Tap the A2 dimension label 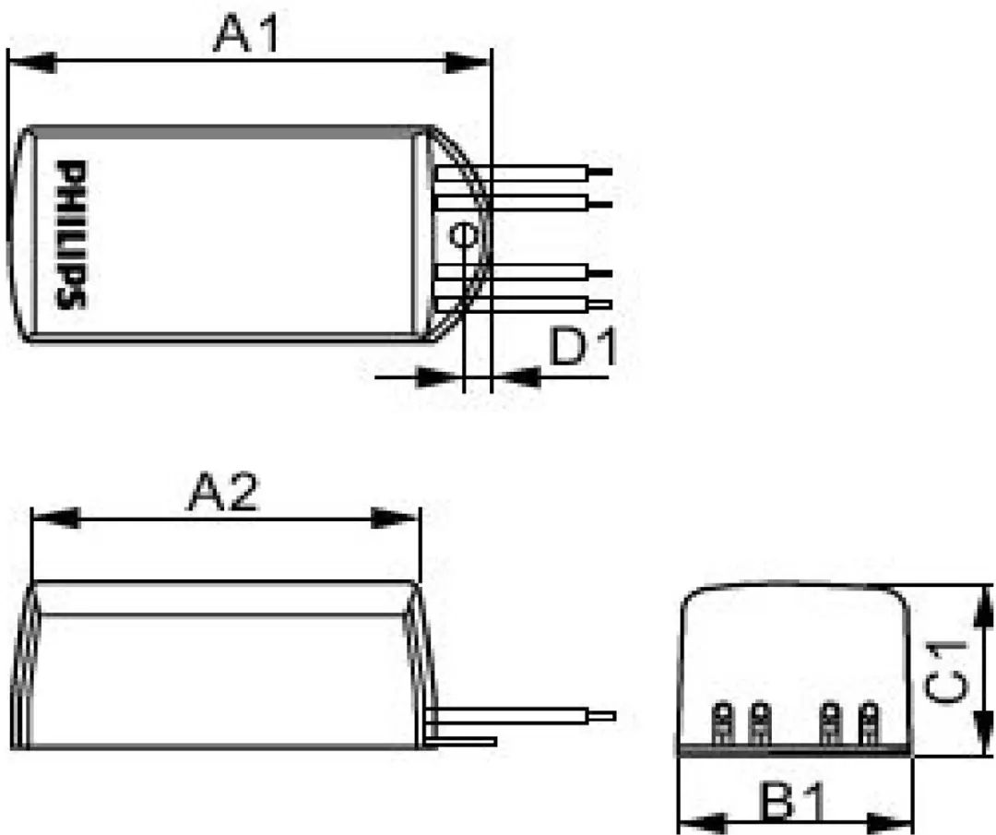pyautogui.click(x=223, y=492)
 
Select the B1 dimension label pyautogui.click(x=794, y=802)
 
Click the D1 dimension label pyautogui.click(x=583, y=347)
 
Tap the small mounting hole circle pyautogui.click(x=463, y=235)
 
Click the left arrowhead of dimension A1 pyautogui.click(x=31, y=62)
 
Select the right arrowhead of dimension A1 pyautogui.click(x=468, y=62)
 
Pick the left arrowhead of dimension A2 pyautogui.click(x=55, y=518)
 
